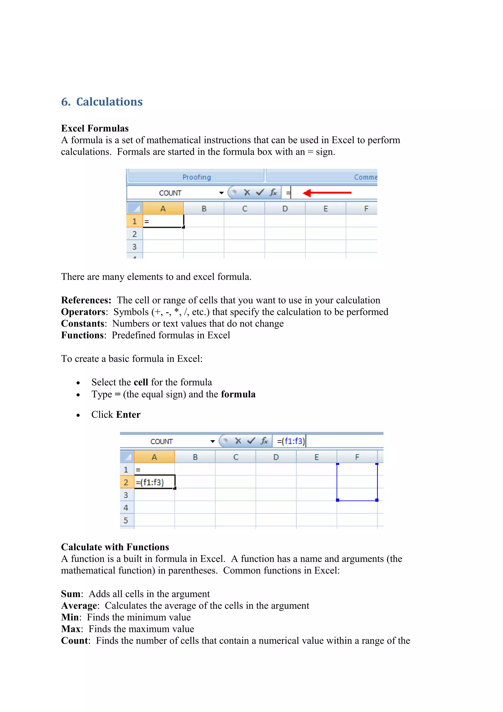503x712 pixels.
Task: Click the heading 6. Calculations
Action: point(102,102)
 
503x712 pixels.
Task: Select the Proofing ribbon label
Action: point(196,177)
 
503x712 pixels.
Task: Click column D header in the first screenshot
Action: point(285,209)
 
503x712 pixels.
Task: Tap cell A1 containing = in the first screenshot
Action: point(163,221)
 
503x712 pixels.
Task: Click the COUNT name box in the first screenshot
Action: point(170,193)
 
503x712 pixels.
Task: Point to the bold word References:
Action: point(86,300)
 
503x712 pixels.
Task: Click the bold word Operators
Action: point(83,312)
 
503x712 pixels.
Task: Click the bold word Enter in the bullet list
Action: point(128,415)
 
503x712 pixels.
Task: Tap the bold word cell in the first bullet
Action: point(141,382)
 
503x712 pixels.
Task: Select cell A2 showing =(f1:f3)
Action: point(154,483)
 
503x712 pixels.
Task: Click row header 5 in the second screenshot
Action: point(126,520)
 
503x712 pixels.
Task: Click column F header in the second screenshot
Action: point(357,457)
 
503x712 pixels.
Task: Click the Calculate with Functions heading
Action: point(115,547)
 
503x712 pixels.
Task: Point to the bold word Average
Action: point(79,606)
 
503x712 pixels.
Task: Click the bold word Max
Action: point(71,629)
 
